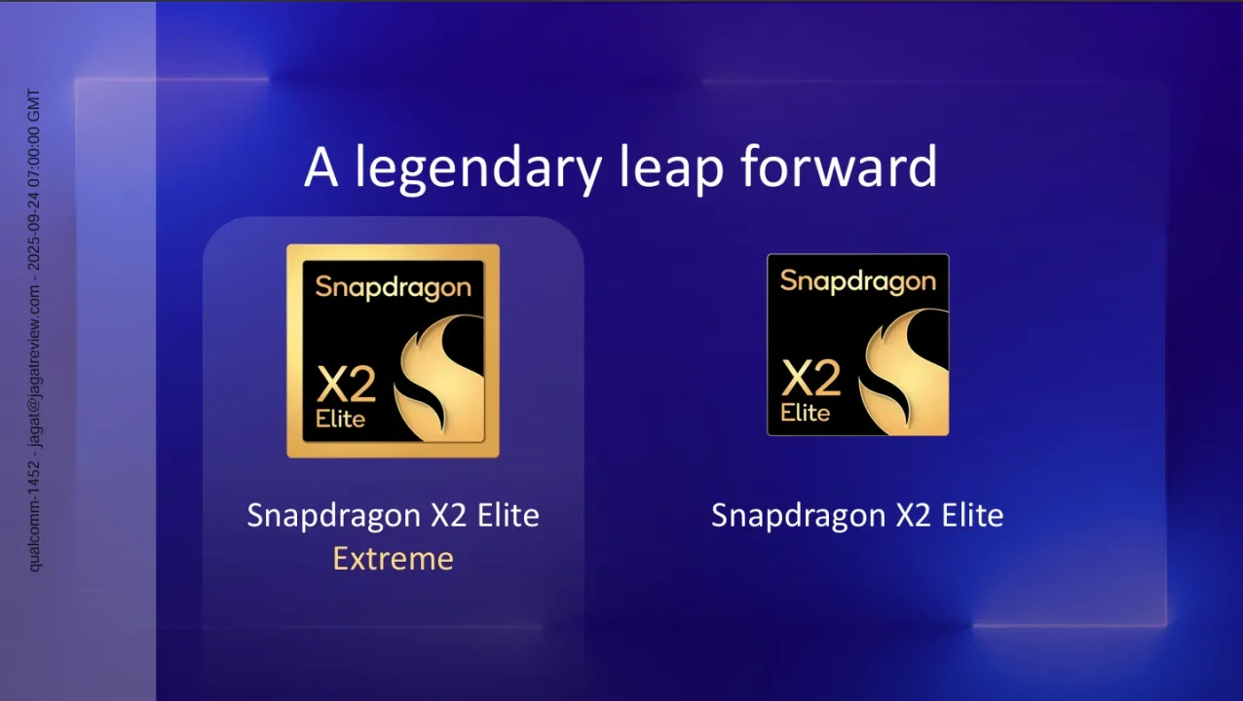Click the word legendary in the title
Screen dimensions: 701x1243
[477, 167]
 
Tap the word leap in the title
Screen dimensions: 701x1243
[671, 167]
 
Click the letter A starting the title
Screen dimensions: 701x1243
[321, 166]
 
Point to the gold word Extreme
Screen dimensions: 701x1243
[393, 559]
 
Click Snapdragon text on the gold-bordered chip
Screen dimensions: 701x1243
[393, 287]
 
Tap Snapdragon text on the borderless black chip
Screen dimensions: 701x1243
[857, 281]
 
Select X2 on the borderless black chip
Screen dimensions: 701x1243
[810, 377]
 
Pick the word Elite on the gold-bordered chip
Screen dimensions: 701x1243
[340, 420]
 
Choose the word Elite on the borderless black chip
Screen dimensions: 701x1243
[805, 412]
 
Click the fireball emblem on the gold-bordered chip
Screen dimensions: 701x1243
[438, 375]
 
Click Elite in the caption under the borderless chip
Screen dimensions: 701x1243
[972, 515]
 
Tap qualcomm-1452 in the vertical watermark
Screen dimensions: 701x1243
[34, 515]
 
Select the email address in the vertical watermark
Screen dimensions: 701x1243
[34, 371]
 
